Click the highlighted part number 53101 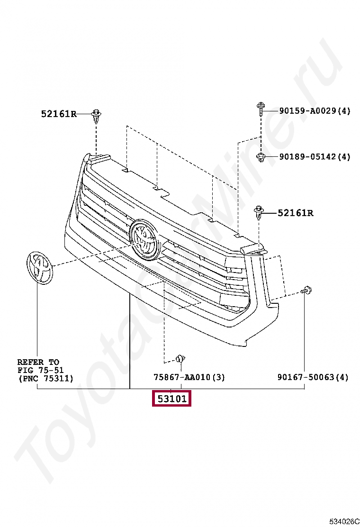(x=171, y=399)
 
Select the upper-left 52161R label (x=58, y=114)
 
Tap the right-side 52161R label (x=295, y=213)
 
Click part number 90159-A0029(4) (x=315, y=111)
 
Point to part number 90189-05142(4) (x=315, y=157)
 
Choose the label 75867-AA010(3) (x=189, y=377)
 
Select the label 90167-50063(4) (x=313, y=377)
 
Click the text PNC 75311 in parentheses (x=45, y=379)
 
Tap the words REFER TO (x=38, y=362)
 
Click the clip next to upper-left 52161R (x=97, y=116)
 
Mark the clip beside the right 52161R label (x=259, y=213)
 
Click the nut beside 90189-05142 (x=261, y=157)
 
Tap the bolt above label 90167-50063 (x=306, y=291)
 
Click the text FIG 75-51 (x=40, y=370)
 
